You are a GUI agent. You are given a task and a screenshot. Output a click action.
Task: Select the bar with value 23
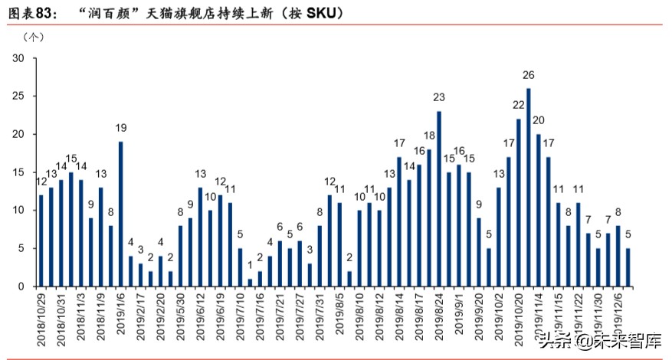coord(439,199)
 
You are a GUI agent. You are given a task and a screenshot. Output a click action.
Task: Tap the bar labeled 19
coord(120,214)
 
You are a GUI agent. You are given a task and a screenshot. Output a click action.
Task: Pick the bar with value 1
coord(250,283)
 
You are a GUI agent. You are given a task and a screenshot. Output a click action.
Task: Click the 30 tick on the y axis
coord(18,59)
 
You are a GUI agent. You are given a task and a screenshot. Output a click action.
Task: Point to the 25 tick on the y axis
coord(18,97)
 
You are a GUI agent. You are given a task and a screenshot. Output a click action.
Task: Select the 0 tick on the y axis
coord(21,286)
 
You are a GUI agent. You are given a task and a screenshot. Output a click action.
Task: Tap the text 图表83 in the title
coord(29,14)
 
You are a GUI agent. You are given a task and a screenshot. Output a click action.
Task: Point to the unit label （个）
coord(35,37)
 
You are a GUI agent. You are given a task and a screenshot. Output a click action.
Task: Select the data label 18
coord(429,136)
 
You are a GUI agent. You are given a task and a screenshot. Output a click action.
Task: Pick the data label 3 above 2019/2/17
coord(141,250)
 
